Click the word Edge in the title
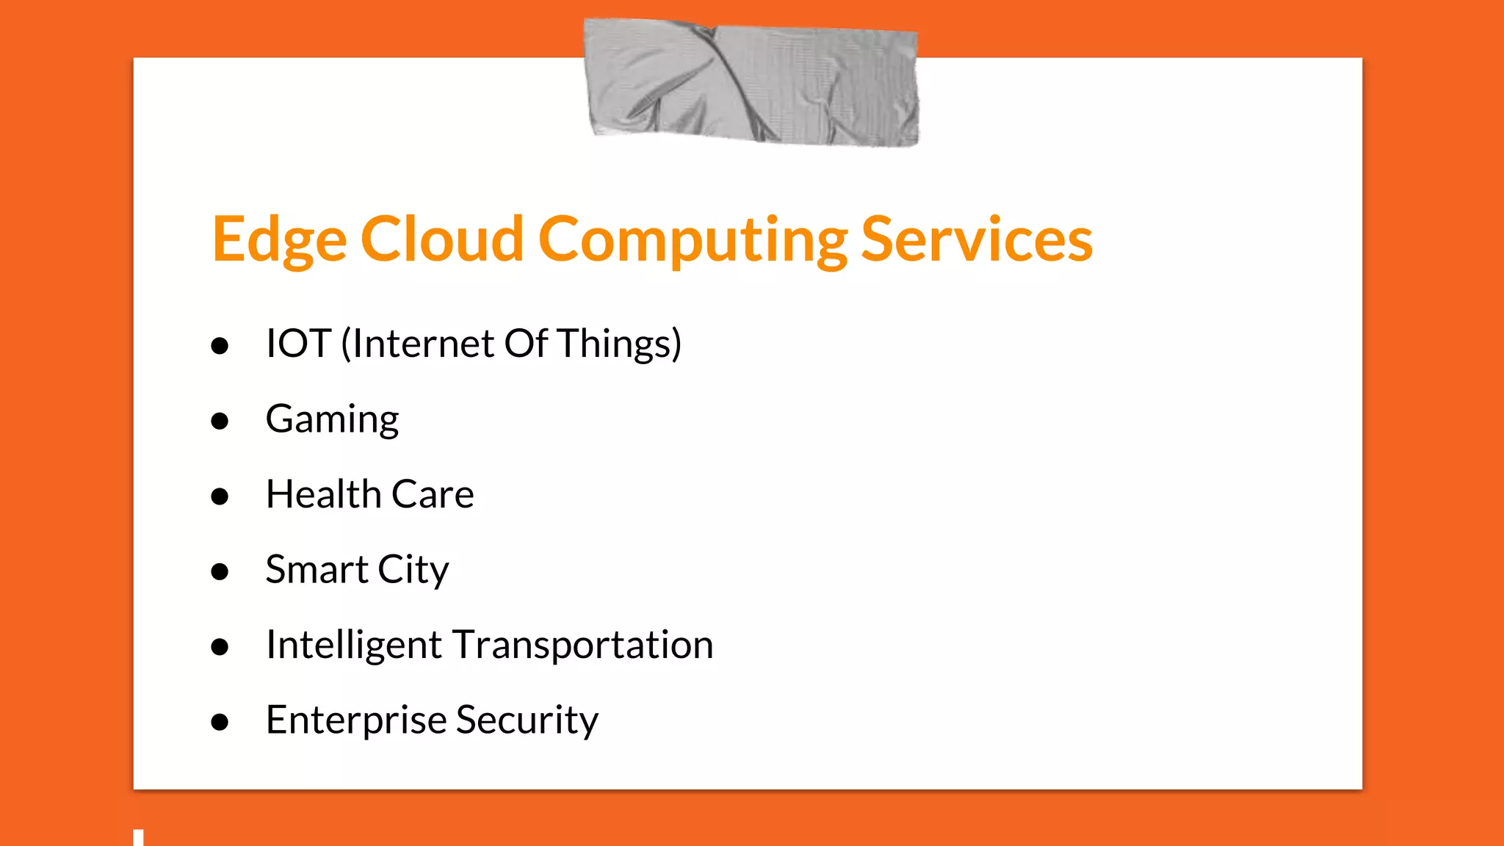pyautogui.click(x=279, y=240)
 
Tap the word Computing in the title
pyautogui.click(x=693, y=240)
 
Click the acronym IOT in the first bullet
pyautogui.click(x=298, y=344)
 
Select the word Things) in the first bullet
pyautogui.click(x=619, y=344)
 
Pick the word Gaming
pyautogui.click(x=332, y=420)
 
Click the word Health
pyautogui.click(x=322, y=494)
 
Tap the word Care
pyautogui.click(x=433, y=494)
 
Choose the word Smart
pyautogui.click(x=317, y=570)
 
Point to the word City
pyautogui.click(x=413, y=571)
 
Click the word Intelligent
pyautogui.click(x=353, y=646)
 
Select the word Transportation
pyautogui.click(x=582, y=646)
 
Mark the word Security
pyautogui.click(x=527, y=720)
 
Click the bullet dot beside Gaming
pyautogui.click(x=220, y=422)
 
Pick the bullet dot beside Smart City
pyautogui.click(x=220, y=571)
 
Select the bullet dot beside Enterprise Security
pyautogui.click(x=220, y=722)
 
